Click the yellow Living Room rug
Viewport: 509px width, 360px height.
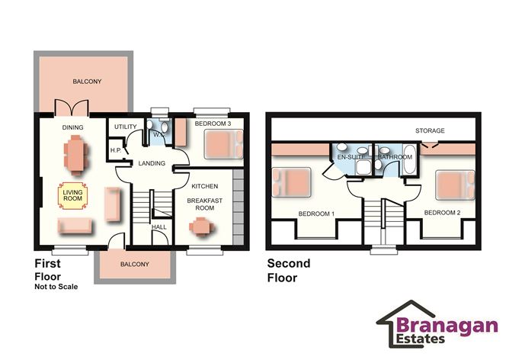click(73, 195)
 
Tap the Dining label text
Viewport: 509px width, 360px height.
click(73, 127)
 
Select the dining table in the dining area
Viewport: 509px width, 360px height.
click(76, 153)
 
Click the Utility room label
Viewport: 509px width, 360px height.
click(124, 126)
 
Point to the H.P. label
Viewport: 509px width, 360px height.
click(117, 150)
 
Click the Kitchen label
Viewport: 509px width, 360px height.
click(205, 186)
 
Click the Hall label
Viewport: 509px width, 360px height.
click(158, 227)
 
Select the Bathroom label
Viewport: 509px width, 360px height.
click(395, 157)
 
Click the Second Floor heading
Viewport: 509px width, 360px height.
click(287, 270)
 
